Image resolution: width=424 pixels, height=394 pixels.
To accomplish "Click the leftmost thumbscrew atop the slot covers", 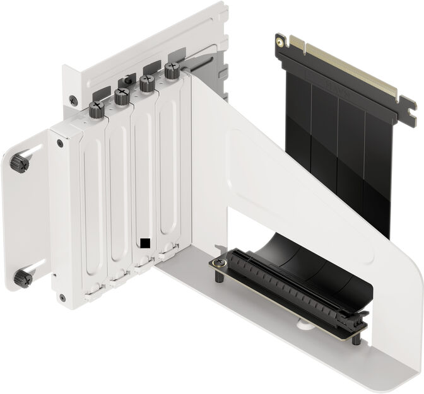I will click(96, 108).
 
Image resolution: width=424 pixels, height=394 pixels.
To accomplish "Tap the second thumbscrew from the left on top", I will click(122, 96).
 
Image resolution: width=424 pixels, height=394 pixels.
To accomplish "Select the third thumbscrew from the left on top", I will click(147, 83).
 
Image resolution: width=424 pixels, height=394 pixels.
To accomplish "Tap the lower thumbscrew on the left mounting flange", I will click(24, 276).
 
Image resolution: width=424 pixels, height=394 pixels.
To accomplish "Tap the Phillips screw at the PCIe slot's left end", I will click(219, 262).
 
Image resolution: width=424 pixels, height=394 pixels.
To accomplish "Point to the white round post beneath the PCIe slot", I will click(303, 326).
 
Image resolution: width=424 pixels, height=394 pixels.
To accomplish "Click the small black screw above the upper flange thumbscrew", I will click(59, 144).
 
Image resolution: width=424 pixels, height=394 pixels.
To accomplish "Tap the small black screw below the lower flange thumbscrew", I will click(61, 296).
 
